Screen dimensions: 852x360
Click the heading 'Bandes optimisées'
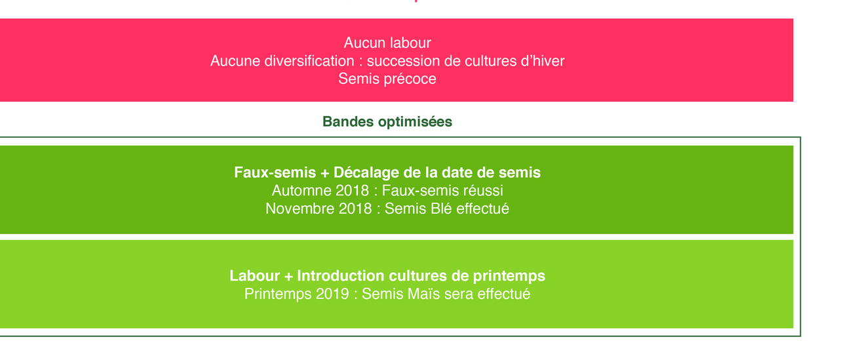point(387,122)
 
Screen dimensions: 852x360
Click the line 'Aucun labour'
point(387,43)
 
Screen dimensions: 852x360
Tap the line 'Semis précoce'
point(387,79)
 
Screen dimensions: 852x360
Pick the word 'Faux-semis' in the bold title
point(275,172)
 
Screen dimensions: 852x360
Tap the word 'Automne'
point(301,190)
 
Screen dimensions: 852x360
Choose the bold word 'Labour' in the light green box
point(254,275)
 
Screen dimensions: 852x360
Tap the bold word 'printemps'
point(509,276)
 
